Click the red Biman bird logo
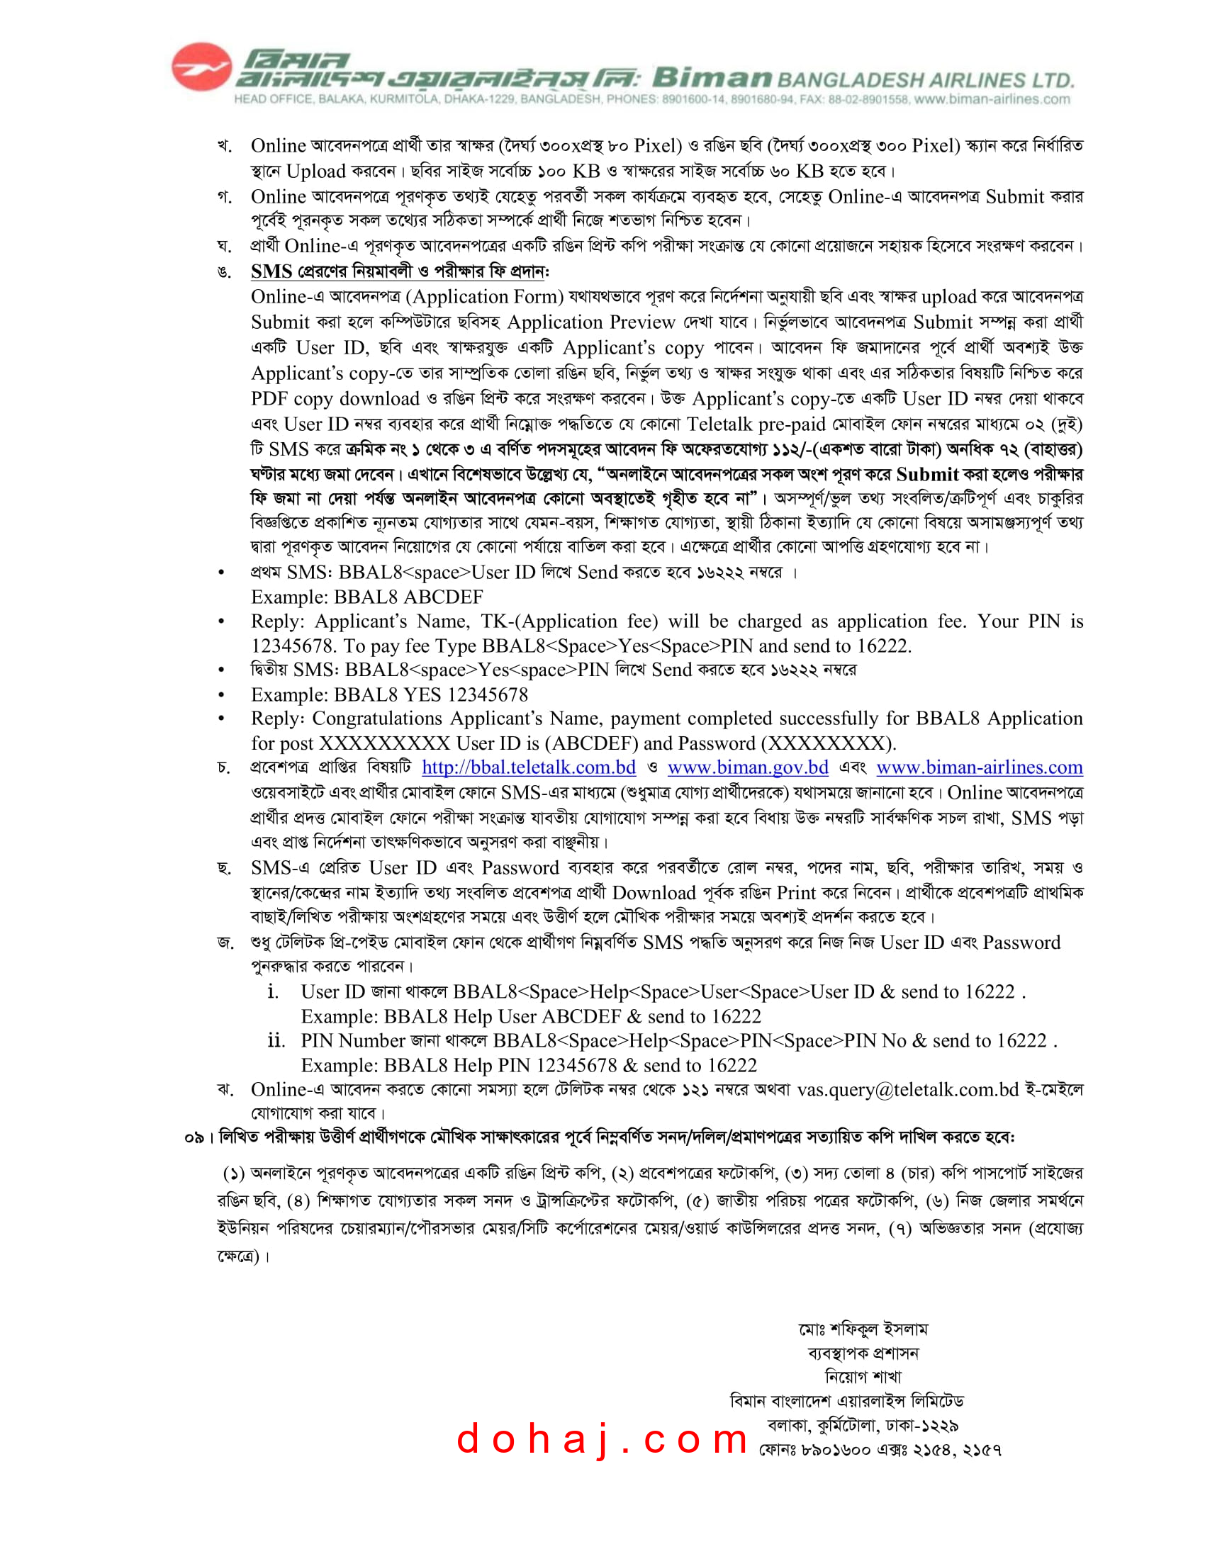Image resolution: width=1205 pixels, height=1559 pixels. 201,67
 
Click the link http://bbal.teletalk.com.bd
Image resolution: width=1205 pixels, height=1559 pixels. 528,767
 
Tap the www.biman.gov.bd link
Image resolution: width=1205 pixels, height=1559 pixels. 747,767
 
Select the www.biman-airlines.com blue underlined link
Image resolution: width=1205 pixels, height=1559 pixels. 979,767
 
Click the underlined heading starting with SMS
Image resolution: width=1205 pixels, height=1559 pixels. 400,271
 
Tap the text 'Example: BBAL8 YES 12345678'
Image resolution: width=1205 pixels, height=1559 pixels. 389,694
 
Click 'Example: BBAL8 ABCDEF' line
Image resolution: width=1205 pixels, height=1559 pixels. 366,597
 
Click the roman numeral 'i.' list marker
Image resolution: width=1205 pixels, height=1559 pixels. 273,991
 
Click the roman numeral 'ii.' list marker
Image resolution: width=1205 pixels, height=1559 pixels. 276,1041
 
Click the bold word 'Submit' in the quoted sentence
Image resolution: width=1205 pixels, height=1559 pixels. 926,475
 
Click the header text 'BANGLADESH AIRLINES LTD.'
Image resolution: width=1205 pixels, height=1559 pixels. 925,80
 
